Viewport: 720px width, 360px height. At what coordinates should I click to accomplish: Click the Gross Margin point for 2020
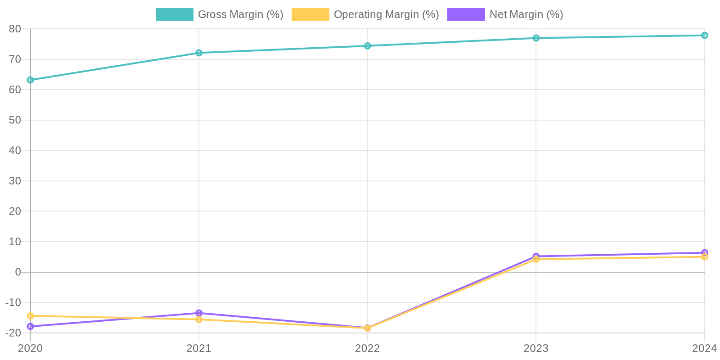click(31, 80)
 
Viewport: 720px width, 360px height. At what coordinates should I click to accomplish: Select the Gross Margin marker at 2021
click(199, 53)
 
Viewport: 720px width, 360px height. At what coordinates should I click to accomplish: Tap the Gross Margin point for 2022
click(368, 46)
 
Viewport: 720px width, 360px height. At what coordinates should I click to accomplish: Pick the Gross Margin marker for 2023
click(536, 38)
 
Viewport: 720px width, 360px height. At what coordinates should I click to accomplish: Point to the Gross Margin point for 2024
click(704, 36)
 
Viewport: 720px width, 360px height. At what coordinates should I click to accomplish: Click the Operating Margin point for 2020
click(31, 316)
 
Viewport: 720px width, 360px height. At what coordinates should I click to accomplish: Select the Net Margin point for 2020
click(31, 326)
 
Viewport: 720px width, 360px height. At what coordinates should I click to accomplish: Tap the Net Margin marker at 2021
click(199, 313)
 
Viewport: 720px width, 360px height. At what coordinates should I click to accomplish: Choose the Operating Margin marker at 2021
click(199, 319)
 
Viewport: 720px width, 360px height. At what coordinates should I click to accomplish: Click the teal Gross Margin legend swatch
click(174, 14)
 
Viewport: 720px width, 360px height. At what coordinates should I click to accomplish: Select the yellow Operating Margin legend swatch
click(310, 14)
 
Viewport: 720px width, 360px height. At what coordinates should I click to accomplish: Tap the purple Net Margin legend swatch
click(466, 14)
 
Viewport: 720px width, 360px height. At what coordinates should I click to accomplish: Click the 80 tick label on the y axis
click(15, 29)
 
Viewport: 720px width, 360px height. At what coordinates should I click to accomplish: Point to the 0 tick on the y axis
click(18, 272)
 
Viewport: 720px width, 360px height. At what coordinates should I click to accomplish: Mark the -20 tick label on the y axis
click(13, 333)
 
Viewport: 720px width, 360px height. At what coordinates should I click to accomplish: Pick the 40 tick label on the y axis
click(15, 150)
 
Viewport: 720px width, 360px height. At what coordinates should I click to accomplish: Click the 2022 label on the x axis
click(368, 348)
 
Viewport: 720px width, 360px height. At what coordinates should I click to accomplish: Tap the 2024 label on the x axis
click(704, 348)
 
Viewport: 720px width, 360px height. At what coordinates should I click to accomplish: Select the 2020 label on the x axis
click(31, 348)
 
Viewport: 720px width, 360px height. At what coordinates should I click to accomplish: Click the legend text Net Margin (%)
click(526, 14)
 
